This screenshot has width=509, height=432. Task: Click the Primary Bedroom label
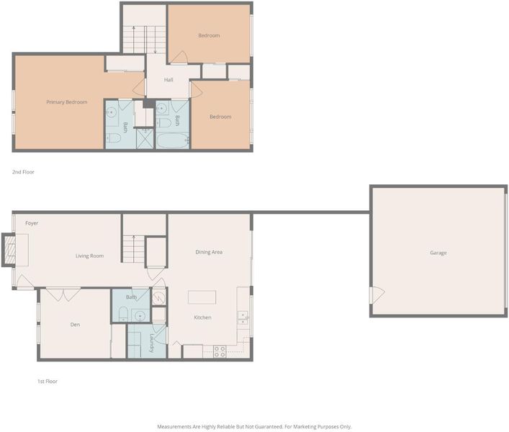[66, 102]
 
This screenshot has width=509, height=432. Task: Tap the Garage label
[438, 253]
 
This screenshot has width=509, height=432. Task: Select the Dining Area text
[209, 252]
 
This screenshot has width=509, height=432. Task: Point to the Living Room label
[89, 256]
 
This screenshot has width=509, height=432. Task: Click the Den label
[75, 324]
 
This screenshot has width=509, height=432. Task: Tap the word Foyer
[32, 223]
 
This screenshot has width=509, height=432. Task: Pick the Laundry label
[152, 343]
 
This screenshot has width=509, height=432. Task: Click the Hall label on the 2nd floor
[168, 79]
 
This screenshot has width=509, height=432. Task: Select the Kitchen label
[202, 317]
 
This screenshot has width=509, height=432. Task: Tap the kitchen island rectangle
[202, 297]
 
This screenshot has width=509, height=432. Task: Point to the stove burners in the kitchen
[220, 352]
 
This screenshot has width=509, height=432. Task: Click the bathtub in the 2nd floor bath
[173, 141]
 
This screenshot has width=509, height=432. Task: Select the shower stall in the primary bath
[145, 138]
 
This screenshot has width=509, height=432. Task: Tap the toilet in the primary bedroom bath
[114, 138]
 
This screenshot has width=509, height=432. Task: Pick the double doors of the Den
[63, 294]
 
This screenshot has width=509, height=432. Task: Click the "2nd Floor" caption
[23, 172]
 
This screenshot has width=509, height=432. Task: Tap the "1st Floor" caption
[48, 382]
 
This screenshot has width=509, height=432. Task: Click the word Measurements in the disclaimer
[174, 426]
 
